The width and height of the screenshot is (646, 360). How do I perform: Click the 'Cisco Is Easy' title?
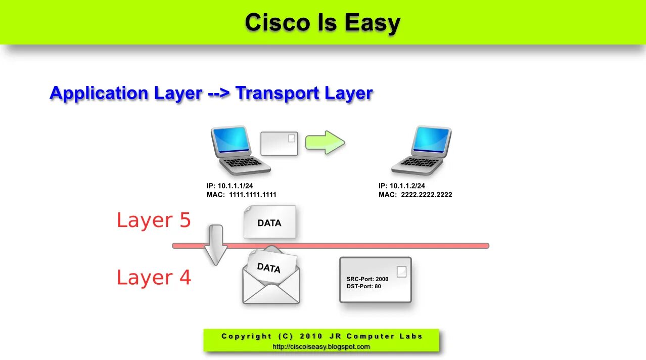click(322, 23)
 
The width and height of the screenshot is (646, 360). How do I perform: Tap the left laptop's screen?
click(231, 141)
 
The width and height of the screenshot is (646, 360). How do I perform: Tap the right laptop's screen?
click(431, 140)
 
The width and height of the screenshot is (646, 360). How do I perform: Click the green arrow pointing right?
click(325, 143)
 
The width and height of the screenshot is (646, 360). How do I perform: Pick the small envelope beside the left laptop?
click(279, 144)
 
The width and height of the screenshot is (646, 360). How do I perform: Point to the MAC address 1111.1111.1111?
click(252, 195)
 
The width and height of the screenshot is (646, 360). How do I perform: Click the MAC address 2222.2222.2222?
click(426, 195)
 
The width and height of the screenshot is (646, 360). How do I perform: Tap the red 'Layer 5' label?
click(154, 220)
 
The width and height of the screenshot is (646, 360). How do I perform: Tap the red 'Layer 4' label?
click(154, 278)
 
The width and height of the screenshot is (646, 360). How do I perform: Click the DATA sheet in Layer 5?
click(269, 222)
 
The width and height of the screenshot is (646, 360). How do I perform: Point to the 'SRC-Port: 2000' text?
click(367, 279)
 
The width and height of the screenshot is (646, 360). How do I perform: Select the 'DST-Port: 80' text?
click(364, 286)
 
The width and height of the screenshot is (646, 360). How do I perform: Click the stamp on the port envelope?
click(401, 272)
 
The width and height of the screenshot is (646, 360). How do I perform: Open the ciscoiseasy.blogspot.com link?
click(321, 346)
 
